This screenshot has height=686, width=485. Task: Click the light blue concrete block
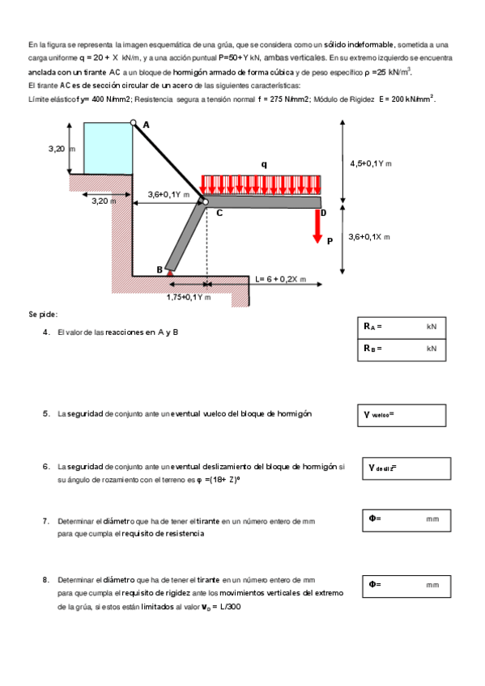(108, 148)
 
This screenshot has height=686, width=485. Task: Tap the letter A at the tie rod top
(147, 125)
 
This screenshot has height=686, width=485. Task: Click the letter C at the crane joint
(219, 213)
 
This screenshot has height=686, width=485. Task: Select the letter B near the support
(160, 269)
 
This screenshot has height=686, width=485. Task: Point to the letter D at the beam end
(324, 213)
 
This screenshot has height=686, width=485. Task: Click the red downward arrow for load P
(317, 227)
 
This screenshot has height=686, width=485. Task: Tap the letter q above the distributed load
(264, 164)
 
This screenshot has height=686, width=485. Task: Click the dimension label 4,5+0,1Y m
(371, 163)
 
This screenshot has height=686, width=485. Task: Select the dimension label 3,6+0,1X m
(369, 237)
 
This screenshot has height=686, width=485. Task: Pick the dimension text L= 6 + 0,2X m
(281, 279)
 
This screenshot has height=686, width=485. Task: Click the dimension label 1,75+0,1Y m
(189, 298)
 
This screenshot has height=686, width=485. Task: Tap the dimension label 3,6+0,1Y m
(168, 195)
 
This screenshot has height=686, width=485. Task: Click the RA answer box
(402, 328)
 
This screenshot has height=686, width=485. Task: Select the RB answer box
(402, 350)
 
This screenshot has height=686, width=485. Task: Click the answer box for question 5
(402, 415)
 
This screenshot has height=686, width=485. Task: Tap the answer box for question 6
(406, 468)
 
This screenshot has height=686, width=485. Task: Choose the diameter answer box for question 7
(406, 521)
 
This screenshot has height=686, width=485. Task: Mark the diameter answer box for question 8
(406, 586)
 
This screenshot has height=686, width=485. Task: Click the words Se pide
(43, 315)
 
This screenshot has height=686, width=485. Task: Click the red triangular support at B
(169, 273)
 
